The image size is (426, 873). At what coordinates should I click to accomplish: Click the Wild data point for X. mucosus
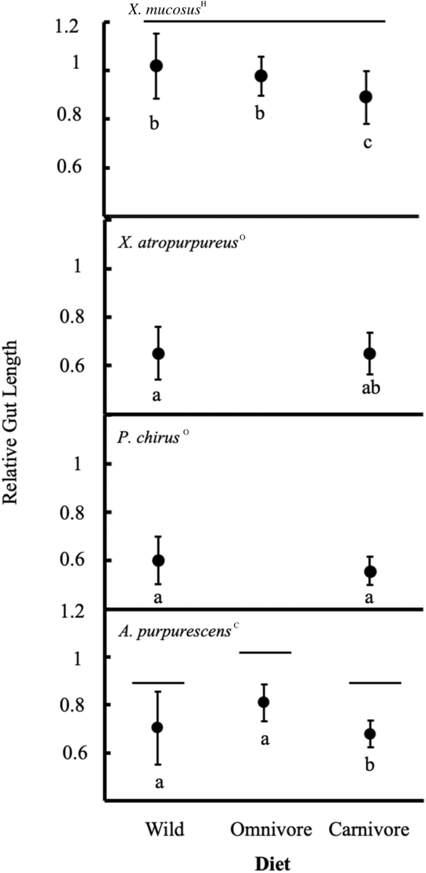click(x=157, y=66)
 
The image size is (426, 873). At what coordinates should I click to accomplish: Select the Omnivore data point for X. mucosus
click(x=262, y=76)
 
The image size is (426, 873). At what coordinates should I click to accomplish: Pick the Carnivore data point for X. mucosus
click(x=367, y=97)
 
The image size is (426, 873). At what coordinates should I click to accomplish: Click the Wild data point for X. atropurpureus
click(x=158, y=353)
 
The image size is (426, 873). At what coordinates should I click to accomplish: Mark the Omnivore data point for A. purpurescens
click(x=264, y=702)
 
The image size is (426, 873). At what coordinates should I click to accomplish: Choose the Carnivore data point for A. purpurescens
click(x=370, y=734)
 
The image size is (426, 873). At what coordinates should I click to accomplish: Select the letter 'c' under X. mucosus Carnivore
click(x=368, y=143)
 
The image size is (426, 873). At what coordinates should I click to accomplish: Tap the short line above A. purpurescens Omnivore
click(x=265, y=653)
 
